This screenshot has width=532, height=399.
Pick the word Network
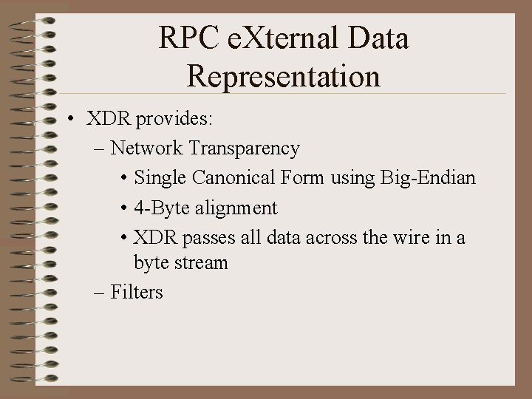tap(146, 149)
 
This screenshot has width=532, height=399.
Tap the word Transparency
tap(244, 149)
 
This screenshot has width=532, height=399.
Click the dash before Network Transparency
tap(100, 149)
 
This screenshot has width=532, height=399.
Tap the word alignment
tap(236, 208)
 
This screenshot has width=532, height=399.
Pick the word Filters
tap(136, 292)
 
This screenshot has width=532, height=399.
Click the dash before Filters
tap(100, 293)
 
